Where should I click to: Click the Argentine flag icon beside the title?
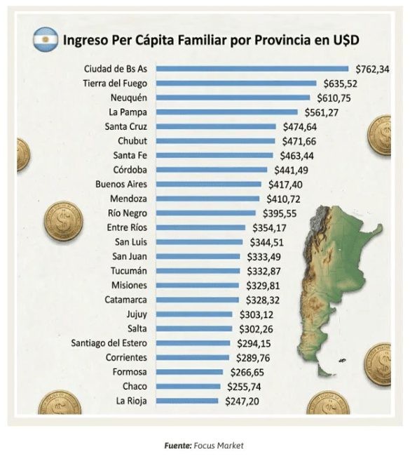(46, 39)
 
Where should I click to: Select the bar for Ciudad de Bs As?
(252, 69)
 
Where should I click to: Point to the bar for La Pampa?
(228, 112)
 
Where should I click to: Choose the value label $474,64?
(299, 127)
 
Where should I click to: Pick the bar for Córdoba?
(211, 170)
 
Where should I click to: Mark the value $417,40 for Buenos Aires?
(285, 185)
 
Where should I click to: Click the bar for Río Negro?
(206, 213)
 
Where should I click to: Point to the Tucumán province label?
(129, 271)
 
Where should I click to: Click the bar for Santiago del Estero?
(193, 343)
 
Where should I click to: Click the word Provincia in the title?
(275, 40)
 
